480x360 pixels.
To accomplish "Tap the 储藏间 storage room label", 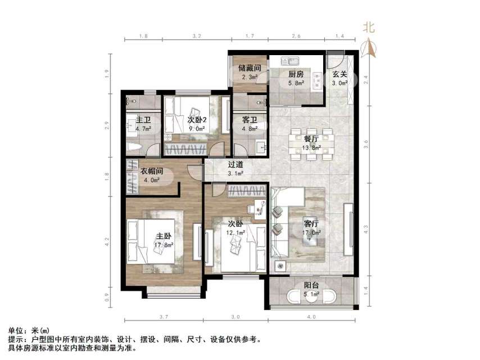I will (x=250, y=68).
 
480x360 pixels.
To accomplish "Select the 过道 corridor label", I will (x=236, y=165).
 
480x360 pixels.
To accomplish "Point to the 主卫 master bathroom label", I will (x=143, y=120).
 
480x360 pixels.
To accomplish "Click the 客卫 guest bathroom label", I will (x=250, y=120).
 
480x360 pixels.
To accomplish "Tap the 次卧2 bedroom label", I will (x=196, y=119).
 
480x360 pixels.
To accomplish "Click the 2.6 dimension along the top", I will (x=296, y=36).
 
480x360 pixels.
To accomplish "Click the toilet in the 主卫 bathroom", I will (x=133, y=148).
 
